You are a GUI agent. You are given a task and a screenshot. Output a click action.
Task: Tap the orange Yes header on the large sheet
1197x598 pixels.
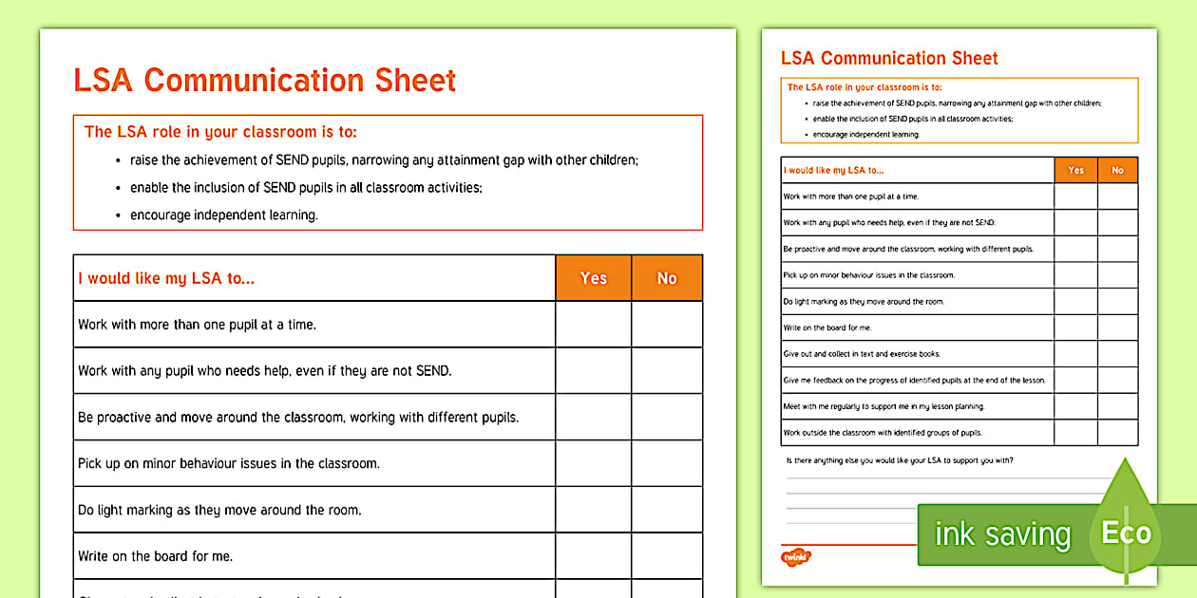(593, 278)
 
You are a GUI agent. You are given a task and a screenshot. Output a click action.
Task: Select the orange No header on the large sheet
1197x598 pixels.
(667, 278)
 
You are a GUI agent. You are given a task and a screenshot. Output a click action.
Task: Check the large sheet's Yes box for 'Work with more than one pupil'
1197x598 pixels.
(593, 325)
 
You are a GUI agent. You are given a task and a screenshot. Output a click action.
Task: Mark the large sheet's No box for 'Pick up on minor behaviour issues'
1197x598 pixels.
(667, 463)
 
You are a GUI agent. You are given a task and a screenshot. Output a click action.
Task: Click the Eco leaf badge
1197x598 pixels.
(1126, 533)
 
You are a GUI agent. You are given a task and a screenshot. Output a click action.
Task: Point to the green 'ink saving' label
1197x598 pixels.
(1002, 534)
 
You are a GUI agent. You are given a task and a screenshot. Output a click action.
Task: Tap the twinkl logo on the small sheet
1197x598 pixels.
(795, 557)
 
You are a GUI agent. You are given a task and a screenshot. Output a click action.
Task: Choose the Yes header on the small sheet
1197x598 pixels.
(1075, 170)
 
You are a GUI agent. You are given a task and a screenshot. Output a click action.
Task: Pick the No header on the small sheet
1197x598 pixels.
(1117, 170)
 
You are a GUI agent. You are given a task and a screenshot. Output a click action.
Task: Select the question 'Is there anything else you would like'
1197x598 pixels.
(900, 460)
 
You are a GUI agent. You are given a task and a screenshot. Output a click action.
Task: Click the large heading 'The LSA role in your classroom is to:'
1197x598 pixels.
(220, 132)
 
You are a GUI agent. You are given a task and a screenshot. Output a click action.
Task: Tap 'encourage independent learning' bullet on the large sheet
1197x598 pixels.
(223, 215)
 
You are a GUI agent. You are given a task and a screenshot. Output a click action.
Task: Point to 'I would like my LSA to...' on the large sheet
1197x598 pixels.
(166, 278)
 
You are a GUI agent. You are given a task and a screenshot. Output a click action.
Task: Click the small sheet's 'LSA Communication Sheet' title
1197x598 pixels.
(889, 58)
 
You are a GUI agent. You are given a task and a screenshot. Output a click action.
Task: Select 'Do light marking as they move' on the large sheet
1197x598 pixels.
(219, 510)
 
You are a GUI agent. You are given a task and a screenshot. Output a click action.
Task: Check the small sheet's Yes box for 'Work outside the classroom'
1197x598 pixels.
(1075, 433)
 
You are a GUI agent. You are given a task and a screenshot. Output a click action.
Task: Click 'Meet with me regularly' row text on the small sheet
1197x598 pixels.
(883, 406)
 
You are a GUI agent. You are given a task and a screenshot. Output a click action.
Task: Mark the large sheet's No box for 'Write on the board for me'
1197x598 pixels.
(667, 556)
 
